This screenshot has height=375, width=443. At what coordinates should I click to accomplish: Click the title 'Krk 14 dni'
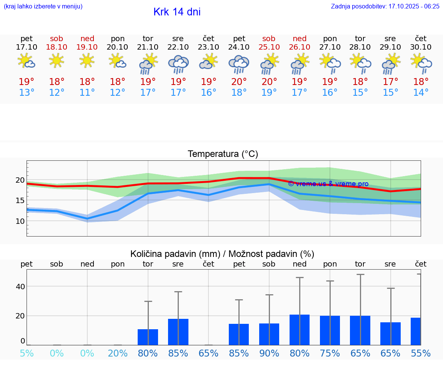coord(177,12)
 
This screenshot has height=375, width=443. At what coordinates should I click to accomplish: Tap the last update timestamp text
coord(385,6)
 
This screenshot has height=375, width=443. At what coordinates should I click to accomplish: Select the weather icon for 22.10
coord(178,64)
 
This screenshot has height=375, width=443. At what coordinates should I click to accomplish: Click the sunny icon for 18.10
coord(57,61)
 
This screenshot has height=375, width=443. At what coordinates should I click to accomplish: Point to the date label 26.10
coord(300,47)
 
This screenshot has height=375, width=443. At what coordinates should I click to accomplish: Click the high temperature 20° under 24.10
coord(239,82)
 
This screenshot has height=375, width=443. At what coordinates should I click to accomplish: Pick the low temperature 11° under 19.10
coord(87,93)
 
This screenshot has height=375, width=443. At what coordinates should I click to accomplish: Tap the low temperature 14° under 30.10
coord(421,93)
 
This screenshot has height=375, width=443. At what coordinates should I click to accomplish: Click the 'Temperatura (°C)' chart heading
coord(223,154)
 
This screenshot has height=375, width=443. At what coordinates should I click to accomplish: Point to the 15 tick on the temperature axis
coord(20,200)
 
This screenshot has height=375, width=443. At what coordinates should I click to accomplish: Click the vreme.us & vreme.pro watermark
coord(328,184)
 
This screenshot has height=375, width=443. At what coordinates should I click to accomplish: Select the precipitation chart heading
coord(222,254)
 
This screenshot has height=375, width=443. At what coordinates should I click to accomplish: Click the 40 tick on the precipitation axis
coord(20,287)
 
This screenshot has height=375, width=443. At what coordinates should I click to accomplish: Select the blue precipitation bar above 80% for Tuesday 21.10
coord(148,337)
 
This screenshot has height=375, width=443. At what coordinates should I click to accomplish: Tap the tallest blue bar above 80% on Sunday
coord(300,330)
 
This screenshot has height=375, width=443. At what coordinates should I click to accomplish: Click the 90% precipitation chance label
coord(269,353)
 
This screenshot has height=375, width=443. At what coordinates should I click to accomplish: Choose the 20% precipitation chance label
coord(118,353)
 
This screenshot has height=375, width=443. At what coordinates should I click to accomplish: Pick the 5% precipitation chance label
coord(27,353)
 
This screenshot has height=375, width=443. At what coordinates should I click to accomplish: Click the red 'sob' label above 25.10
coord(269,39)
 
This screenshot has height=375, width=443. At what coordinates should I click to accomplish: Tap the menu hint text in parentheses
coord(43,6)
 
